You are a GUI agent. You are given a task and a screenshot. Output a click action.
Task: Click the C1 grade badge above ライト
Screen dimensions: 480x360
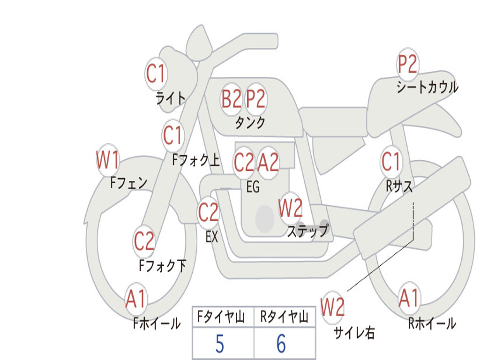(156, 74)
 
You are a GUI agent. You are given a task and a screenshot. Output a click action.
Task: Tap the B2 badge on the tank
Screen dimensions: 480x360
(232, 99)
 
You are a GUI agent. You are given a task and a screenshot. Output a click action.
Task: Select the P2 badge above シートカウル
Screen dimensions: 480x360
(407, 64)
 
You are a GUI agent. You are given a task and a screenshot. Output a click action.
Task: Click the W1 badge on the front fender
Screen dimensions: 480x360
(107, 160)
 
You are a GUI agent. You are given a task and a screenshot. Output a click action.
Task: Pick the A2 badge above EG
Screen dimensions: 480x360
(268, 162)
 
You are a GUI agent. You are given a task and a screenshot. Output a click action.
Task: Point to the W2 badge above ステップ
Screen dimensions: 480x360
(291, 208)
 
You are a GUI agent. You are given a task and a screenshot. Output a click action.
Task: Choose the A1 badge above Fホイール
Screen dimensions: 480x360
(136, 299)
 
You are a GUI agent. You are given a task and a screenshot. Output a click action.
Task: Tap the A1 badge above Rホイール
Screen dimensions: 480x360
(409, 298)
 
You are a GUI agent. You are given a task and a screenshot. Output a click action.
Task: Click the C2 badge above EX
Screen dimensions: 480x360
(208, 212)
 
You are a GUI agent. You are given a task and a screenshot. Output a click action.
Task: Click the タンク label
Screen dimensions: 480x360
(250, 123)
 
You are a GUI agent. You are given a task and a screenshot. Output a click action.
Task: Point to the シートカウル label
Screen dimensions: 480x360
(427, 87)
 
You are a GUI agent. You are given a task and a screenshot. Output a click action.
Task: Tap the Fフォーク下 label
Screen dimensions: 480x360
(163, 265)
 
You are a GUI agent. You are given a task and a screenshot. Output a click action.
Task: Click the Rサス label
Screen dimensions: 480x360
(399, 186)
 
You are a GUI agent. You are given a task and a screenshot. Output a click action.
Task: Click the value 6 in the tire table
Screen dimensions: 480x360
(281, 344)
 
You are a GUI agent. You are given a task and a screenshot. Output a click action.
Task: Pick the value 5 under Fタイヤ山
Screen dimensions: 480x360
(220, 344)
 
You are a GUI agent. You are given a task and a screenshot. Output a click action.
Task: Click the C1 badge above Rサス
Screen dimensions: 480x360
(390, 161)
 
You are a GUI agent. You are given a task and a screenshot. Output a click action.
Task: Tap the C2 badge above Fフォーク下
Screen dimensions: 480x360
(144, 241)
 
